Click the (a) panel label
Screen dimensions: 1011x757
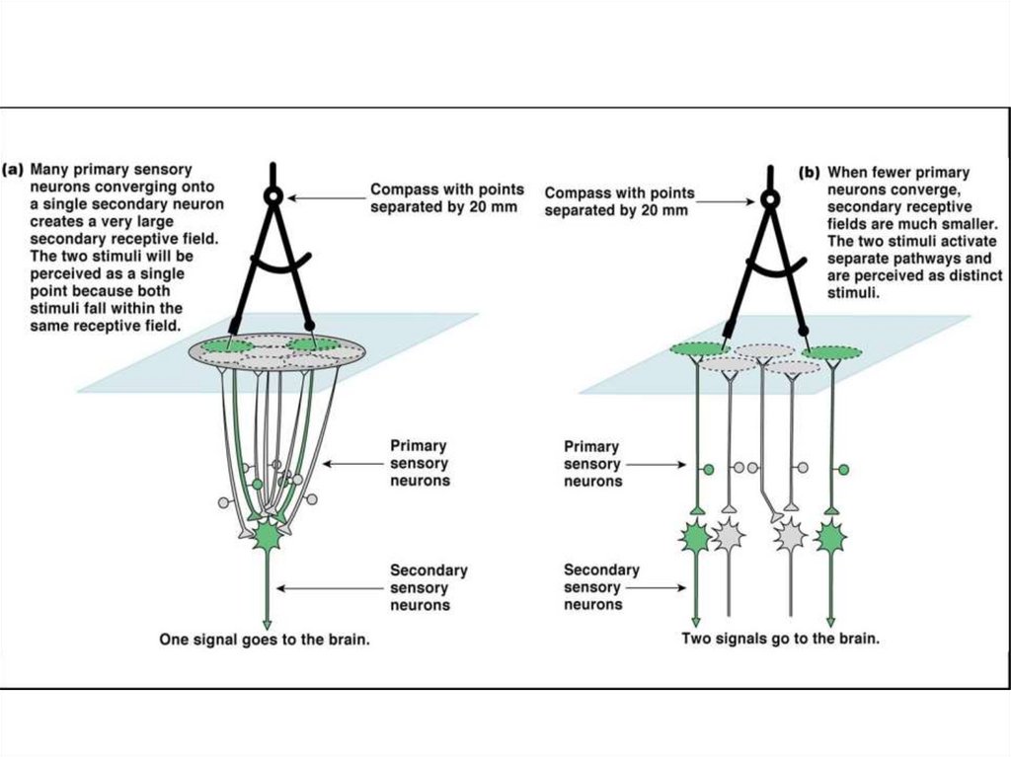(x=13, y=170)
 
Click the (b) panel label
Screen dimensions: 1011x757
(x=810, y=173)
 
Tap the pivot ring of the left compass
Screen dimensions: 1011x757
(x=273, y=196)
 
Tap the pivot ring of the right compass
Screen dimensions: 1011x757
(x=770, y=199)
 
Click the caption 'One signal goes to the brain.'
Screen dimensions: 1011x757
(x=265, y=641)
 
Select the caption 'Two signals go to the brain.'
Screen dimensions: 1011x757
(x=780, y=639)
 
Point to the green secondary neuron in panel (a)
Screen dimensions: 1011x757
(x=267, y=535)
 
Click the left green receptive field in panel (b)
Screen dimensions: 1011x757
(x=700, y=348)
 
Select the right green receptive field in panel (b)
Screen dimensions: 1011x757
(x=831, y=352)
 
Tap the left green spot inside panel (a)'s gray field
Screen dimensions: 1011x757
(x=227, y=346)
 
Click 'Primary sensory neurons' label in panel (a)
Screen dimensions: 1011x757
(x=420, y=464)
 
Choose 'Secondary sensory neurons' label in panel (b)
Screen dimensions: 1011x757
(x=601, y=587)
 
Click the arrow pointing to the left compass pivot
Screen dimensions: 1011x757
(x=327, y=198)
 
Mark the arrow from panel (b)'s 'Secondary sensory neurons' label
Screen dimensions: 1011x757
(x=657, y=588)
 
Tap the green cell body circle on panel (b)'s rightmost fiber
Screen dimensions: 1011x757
(x=843, y=470)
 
